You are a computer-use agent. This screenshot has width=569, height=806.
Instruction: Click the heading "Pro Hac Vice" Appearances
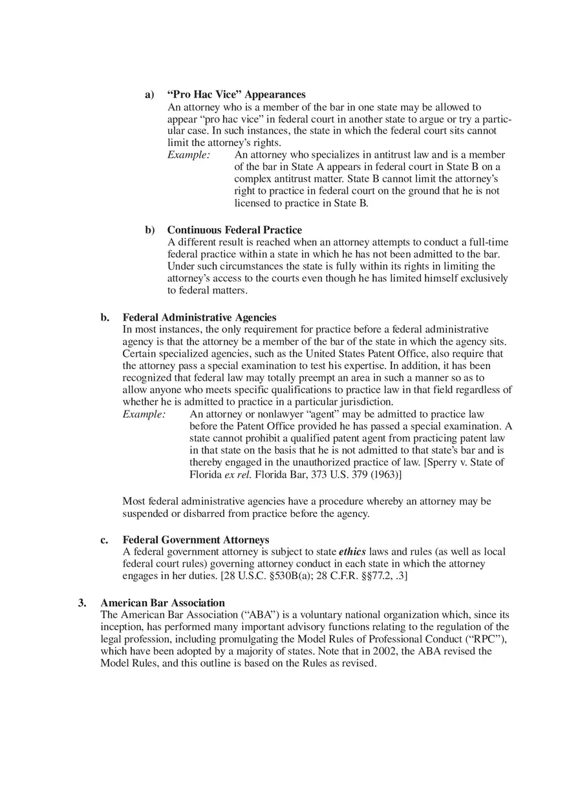[236, 95]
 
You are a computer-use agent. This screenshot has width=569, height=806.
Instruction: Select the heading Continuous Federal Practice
[234, 230]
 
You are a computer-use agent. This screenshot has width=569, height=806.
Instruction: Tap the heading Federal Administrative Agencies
[199, 317]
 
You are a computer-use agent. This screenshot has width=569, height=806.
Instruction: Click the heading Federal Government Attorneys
[195, 540]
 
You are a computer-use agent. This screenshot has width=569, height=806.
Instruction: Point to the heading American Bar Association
[162, 603]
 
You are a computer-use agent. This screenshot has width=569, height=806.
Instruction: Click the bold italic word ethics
[352, 552]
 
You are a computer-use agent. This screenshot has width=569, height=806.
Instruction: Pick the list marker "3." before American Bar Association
[82, 603]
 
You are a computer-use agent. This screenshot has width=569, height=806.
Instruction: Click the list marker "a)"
[149, 95]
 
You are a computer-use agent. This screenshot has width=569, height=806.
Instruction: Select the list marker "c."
[104, 540]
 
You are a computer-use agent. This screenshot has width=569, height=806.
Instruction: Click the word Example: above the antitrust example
[189, 155]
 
